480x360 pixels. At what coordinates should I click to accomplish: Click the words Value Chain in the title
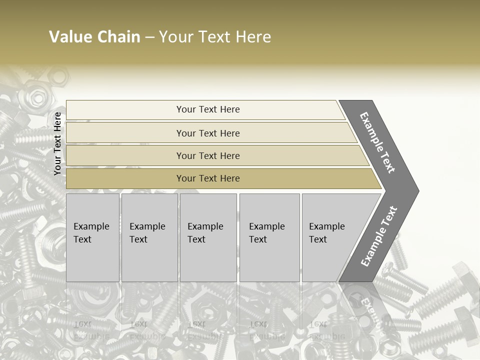[x=94, y=37]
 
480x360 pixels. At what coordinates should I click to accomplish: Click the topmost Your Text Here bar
[x=208, y=109]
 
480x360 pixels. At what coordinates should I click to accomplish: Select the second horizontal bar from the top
[x=208, y=133]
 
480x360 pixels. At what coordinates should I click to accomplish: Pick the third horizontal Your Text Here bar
[x=208, y=155]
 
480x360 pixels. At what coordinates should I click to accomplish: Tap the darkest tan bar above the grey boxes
[x=208, y=178]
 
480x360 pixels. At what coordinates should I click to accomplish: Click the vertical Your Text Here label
[x=57, y=143]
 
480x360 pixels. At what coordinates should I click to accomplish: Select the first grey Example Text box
[x=92, y=237]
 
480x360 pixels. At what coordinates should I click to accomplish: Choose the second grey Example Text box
[x=149, y=237]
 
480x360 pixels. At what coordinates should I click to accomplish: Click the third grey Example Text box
[x=208, y=237]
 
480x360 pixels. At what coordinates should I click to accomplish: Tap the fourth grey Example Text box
[x=269, y=237]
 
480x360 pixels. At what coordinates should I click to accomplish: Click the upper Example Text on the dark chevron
[x=377, y=142]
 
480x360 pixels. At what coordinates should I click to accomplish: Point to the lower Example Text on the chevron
[x=379, y=236]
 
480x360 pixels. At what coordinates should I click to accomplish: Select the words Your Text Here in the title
[x=215, y=37]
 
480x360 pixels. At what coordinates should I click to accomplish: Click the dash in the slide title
[x=149, y=37]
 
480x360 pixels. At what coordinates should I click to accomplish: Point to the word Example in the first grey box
[x=91, y=226]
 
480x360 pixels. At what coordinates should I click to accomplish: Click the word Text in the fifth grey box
[x=318, y=239]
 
